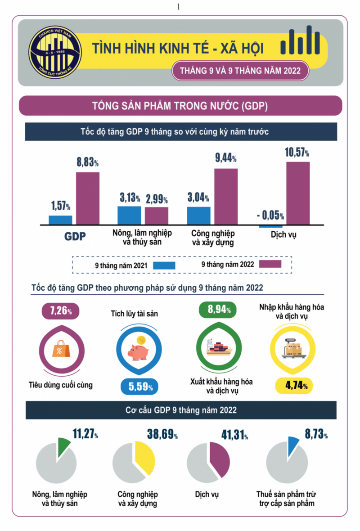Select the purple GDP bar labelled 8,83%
pyautogui.click(x=87, y=198)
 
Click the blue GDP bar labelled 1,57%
pyautogui.click(x=60, y=220)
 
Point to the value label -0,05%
pyautogui.click(x=270, y=216)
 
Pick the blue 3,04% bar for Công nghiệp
pyautogui.click(x=198, y=216)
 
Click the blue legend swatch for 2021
pyautogui.click(x=164, y=265)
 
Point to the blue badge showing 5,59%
pyautogui.click(x=139, y=386)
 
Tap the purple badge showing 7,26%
pyautogui.click(x=59, y=310)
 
